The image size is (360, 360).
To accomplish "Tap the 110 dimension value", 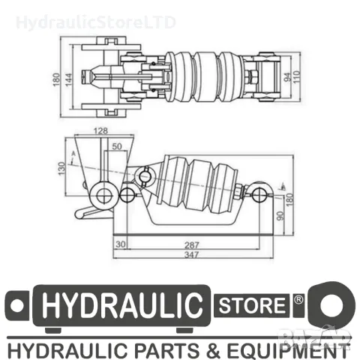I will point(297,77).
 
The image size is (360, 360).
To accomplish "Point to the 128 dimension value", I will point(100,132).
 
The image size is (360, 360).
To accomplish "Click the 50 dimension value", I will point(116,145).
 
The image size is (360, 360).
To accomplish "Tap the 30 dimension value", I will point(120,243).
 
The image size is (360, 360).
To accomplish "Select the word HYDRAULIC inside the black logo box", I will point(123,306).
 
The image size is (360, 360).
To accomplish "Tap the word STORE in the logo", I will point(251,305).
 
